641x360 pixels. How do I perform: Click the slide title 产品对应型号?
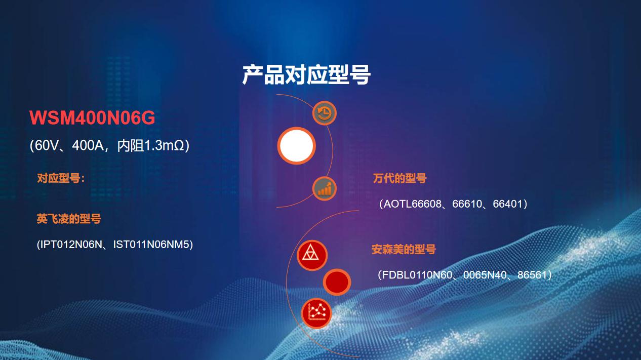[x=306, y=75]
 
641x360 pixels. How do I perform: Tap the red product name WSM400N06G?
[x=92, y=117]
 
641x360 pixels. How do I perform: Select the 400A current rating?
[x=88, y=145]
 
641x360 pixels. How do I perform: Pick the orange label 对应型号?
[x=61, y=178]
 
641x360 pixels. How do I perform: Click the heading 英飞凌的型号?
[x=69, y=219]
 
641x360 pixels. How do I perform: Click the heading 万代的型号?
[x=400, y=178]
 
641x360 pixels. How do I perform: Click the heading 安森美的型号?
[x=404, y=249]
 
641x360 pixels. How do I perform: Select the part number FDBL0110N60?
[x=417, y=275]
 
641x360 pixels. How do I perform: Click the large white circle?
[x=297, y=146]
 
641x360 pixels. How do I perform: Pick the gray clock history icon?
[x=324, y=113]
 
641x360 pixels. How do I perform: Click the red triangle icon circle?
[x=312, y=255]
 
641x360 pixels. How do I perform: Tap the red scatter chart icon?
[x=316, y=313]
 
